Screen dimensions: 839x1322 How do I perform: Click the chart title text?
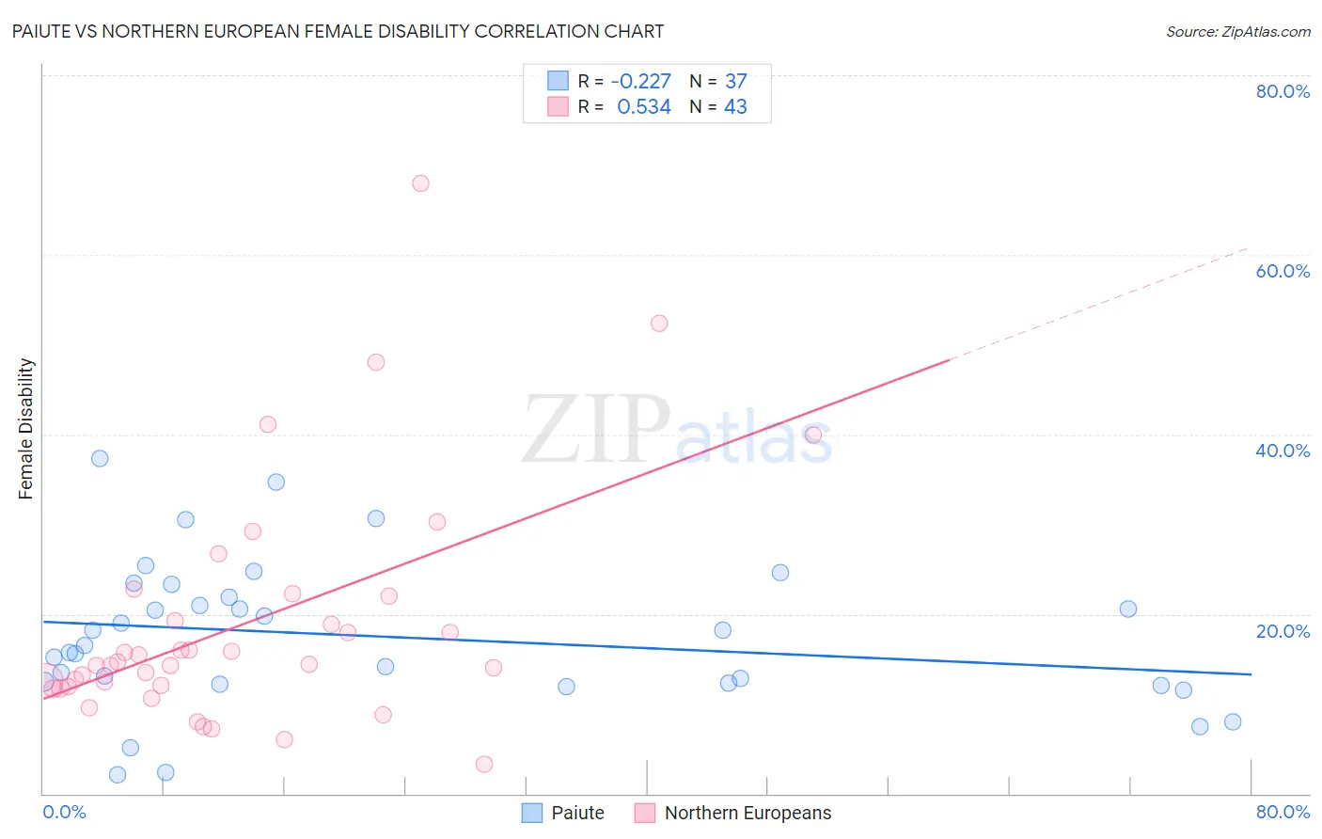[338, 31]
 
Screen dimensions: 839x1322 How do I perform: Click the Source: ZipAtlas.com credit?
[1237, 31]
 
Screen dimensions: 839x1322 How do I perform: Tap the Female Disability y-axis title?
[26, 428]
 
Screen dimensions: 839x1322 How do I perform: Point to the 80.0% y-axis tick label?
[1283, 91]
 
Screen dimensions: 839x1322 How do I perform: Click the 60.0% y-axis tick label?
[1283, 271]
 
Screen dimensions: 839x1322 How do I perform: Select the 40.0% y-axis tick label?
[1283, 451]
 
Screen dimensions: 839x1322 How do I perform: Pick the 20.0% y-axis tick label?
[1283, 631]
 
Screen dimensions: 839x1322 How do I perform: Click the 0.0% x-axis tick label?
[65, 812]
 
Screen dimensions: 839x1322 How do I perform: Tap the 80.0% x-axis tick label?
[1283, 812]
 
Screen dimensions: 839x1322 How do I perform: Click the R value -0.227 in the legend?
[640, 81]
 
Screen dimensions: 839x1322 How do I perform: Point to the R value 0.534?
[644, 107]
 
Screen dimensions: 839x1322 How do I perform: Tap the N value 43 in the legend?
[735, 107]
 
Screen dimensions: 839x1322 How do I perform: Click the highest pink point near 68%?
[420, 183]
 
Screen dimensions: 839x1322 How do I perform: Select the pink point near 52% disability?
[659, 324]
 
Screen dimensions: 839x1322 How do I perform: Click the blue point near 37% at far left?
[100, 459]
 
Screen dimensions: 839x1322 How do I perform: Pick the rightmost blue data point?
[1233, 722]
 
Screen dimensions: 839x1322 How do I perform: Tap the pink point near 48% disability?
[376, 362]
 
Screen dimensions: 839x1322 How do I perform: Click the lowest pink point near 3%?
[484, 764]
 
